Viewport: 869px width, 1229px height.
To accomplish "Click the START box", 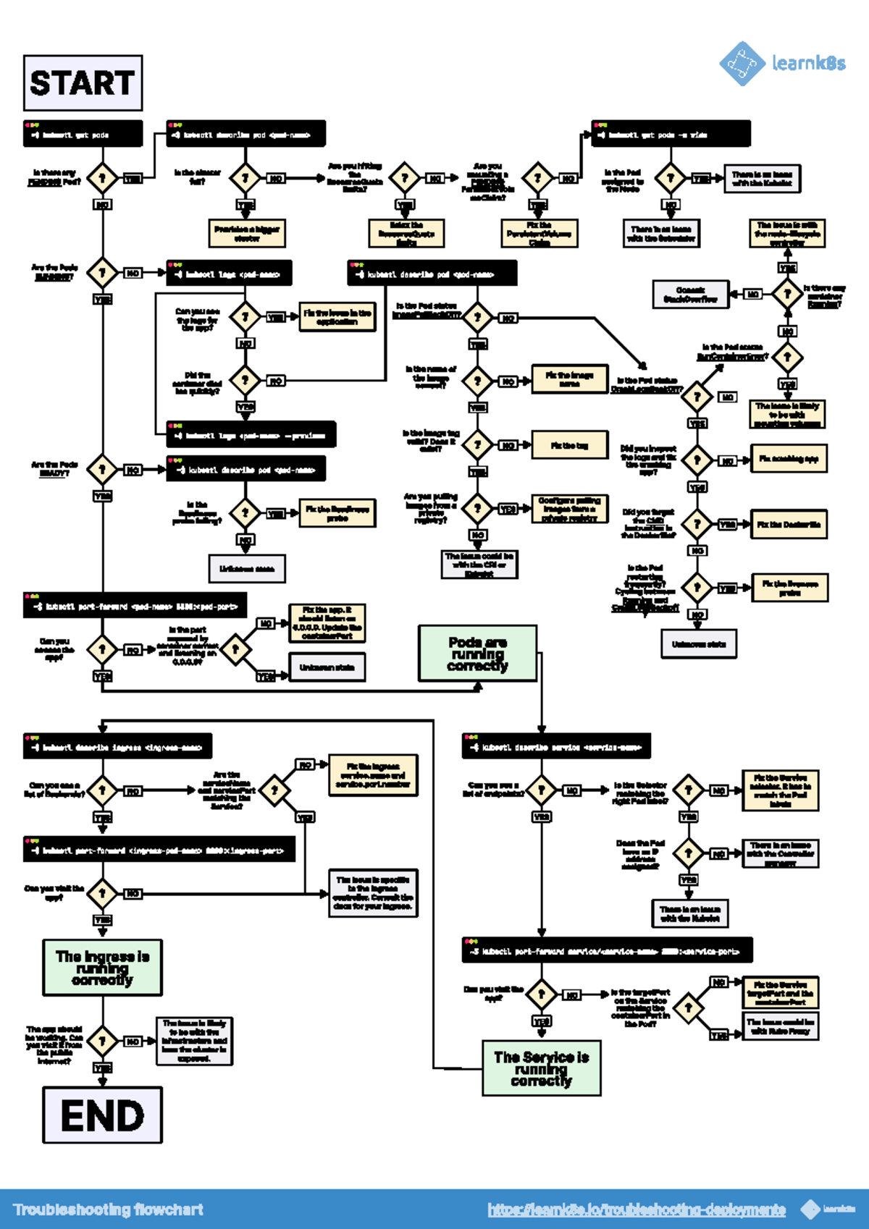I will pyautogui.click(x=83, y=83).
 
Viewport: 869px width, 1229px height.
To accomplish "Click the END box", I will pyautogui.click(x=102, y=1115).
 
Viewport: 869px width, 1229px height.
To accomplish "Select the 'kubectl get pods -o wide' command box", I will pyautogui.click(x=670, y=134).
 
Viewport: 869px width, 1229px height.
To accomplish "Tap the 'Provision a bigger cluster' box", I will pyautogui.click(x=246, y=233).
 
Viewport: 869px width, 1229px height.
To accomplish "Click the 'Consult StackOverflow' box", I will pyautogui.click(x=690, y=294).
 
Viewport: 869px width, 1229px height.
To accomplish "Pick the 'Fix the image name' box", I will pyautogui.click(x=569, y=379).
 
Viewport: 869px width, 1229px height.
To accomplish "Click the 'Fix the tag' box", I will pyautogui.click(x=569, y=445).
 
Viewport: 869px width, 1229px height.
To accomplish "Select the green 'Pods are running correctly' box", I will pyautogui.click(x=477, y=654).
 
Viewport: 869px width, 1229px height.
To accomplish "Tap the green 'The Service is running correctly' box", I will pyautogui.click(x=541, y=1068).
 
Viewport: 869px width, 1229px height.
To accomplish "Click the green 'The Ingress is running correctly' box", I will pyautogui.click(x=102, y=968).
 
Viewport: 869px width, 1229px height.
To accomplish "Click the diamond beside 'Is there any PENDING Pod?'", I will pyautogui.click(x=102, y=178).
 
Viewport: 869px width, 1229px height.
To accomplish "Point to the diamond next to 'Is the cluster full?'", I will pyautogui.click(x=245, y=178).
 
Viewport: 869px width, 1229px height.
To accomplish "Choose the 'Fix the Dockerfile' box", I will pyautogui.click(x=789, y=525).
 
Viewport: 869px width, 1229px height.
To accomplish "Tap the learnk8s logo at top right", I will pyautogui.click(x=782, y=64).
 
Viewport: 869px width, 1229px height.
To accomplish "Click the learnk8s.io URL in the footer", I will pyautogui.click(x=637, y=1209).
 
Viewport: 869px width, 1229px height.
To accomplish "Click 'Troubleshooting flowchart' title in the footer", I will pyautogui.click(x=109, y=1209).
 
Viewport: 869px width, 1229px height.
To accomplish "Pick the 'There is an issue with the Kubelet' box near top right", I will pyautogui.click(x=762, y=179).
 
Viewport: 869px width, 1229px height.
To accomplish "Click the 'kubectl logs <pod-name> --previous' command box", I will pyautogui.click(x=251, y=435).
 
